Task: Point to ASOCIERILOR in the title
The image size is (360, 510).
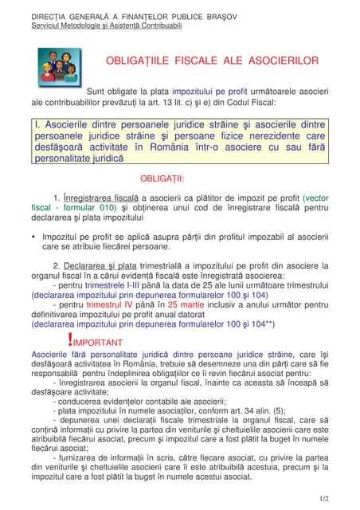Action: (280, 61)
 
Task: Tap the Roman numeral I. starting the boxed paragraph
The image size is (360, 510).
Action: (37, 126)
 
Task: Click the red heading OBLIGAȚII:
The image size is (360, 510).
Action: (162, 178)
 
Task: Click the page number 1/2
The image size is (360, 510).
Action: (323, 498)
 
